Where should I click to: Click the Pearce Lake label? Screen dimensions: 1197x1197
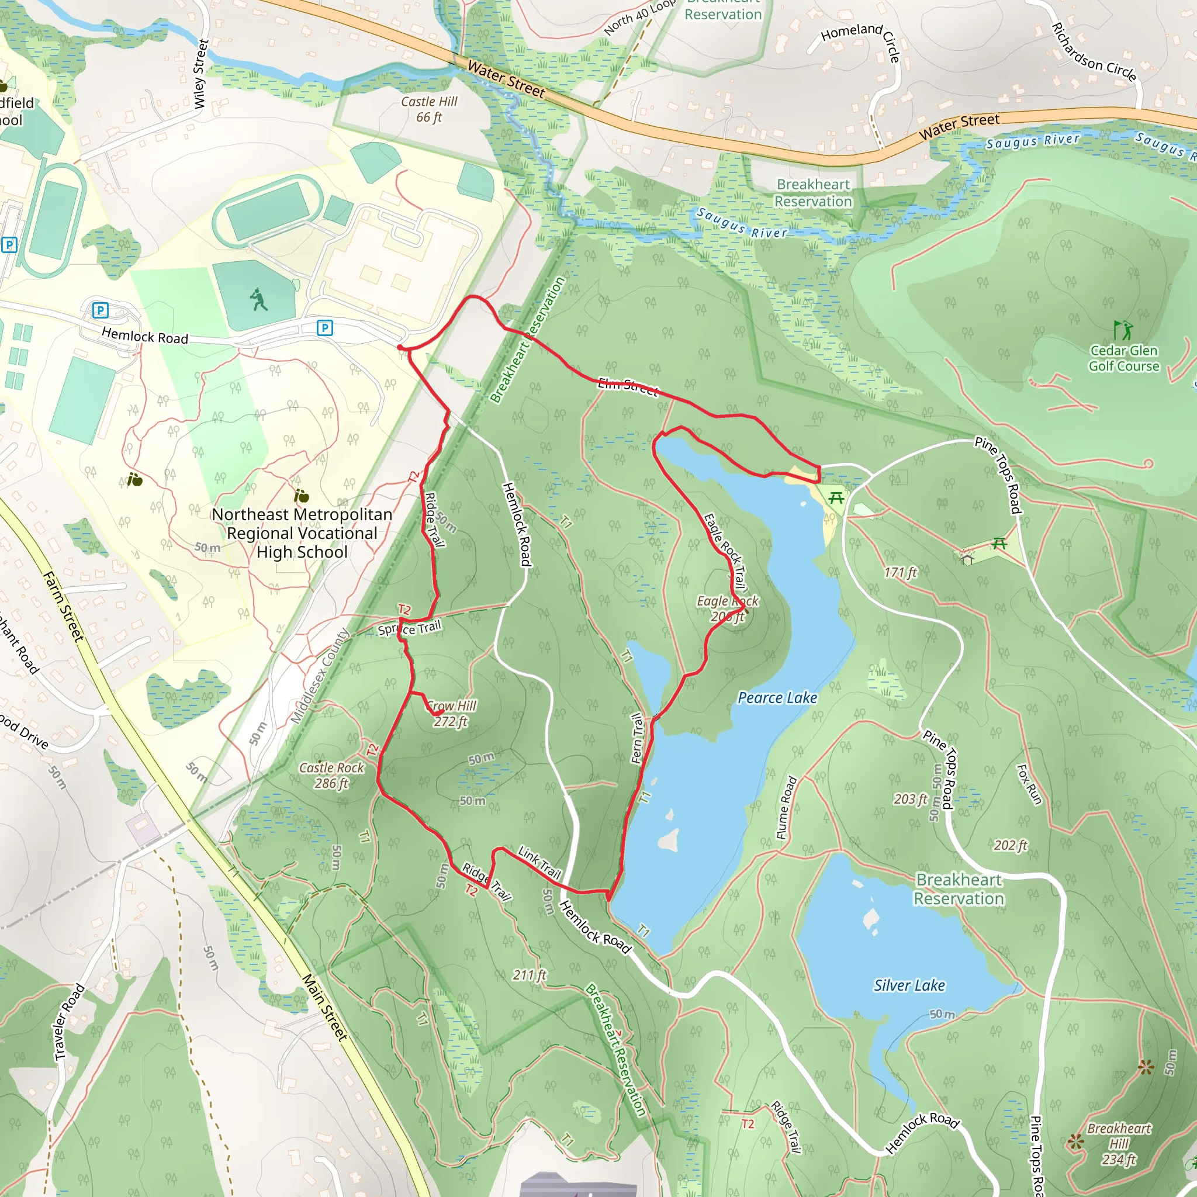(777, 698)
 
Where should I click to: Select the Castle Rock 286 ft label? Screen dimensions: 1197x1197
(331, 775)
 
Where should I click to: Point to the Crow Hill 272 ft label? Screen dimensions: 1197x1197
(452, 713)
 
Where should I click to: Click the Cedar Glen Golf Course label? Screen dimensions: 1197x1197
(1124, 358)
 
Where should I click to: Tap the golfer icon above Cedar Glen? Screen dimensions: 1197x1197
(1122, 329)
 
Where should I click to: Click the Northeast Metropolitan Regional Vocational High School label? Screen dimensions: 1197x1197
(302, 533)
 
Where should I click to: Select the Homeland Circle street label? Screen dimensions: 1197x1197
(860, 40)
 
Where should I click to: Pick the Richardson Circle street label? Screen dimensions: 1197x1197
(1094, 53)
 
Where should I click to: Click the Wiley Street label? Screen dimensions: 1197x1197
(199, 74)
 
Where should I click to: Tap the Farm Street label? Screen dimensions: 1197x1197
(63, 606)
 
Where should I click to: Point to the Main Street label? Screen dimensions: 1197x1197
(324, 1006)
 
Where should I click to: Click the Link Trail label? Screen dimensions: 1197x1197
(539, 863)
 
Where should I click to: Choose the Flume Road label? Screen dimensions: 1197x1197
(786, 807)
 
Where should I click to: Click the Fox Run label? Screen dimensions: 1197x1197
(1029, 784)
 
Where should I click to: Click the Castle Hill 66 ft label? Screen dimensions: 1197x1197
(429, 109)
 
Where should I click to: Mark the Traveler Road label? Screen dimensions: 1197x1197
(69, 1022)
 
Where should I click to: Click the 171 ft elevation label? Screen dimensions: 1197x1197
(900, 572)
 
